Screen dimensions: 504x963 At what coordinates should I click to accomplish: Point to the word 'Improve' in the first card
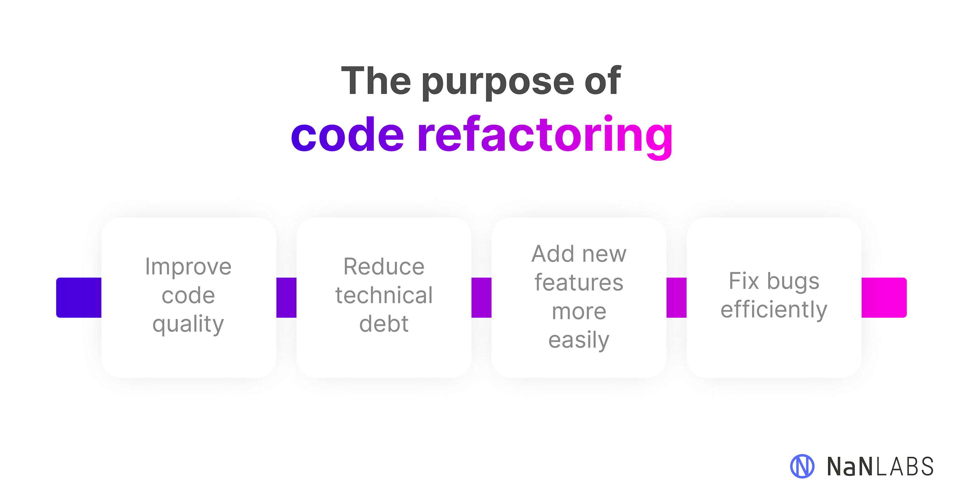(188, 267)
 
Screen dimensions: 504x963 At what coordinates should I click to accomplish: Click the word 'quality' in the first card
(188, 324)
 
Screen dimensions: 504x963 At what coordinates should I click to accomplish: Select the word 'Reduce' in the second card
(384, 267)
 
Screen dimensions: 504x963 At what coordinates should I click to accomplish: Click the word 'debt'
(384, 323)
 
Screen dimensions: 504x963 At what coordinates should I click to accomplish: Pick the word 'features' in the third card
(579, 282)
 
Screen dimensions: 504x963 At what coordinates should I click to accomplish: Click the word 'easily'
(579, 340)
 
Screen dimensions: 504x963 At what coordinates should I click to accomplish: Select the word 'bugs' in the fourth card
(793, 281)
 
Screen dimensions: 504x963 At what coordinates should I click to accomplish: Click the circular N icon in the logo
(802, 466)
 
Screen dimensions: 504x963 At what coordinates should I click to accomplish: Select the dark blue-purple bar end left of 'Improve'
(79, 298)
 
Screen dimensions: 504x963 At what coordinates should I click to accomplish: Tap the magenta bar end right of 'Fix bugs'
(884, 298)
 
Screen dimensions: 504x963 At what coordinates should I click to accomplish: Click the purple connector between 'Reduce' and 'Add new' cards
(482, 298)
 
